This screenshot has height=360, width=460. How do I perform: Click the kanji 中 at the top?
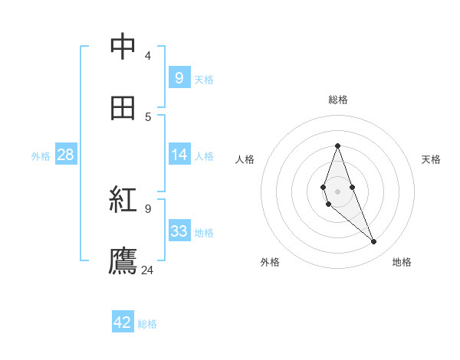point(123,47)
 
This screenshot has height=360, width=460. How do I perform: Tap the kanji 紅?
point(123,200)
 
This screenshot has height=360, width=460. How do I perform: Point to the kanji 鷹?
point(123,261)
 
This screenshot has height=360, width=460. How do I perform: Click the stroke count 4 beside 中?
point(147,55)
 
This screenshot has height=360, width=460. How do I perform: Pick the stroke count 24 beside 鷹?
point(147,270)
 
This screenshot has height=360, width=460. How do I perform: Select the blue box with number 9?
point(179,77)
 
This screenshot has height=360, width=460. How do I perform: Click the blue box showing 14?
point(179,155)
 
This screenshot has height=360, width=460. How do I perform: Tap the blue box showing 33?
point(179,231)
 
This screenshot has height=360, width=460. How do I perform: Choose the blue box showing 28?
point(65,155)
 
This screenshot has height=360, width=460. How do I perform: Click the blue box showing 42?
point(123,322)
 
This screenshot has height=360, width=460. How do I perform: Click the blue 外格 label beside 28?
point(41,156)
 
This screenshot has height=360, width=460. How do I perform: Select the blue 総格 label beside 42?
point(147,324)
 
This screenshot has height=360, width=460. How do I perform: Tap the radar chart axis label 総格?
point(338,100)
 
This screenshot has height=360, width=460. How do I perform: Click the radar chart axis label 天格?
point(431,159)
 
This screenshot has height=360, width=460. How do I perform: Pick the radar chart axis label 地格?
point(402,262)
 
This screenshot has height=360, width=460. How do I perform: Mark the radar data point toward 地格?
point(374,242)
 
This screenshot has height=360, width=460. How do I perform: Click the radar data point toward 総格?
point(337,146)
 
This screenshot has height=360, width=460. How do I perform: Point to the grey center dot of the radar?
point(337,191)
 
